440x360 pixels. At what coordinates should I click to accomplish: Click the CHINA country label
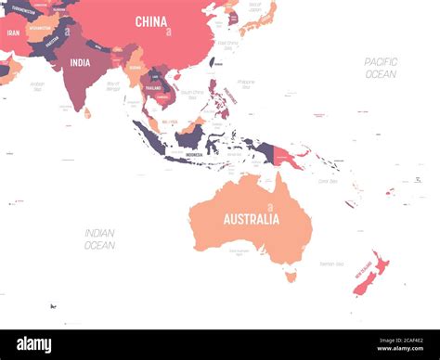(x=151, y=21)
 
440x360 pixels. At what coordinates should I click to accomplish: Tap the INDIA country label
(x=80, y=63)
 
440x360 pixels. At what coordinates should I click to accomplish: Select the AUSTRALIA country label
(x=251, y=219)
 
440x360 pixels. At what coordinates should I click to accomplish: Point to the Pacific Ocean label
(x=381, y=67)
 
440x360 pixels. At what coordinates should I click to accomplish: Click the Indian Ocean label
(x=99, y=238)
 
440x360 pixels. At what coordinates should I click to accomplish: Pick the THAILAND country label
(x=153, y=86)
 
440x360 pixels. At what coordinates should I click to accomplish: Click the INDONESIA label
(x=194, y=154)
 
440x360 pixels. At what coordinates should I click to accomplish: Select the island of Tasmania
(x=291, y=275)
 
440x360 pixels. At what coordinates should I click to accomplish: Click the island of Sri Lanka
(x=87, y=112)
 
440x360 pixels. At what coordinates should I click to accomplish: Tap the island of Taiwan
(x=213, y=61)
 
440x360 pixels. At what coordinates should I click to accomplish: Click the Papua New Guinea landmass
(x=287, y=158)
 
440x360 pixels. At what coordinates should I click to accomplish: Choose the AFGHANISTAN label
(x=40, y=28)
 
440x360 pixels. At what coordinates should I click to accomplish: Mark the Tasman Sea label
(x=331, y=264)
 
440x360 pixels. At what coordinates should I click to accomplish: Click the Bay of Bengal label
(x=113, y=86)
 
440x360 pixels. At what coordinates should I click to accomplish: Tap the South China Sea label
(x=192, y=93)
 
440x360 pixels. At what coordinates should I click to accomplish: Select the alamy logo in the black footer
(x=33, y=344)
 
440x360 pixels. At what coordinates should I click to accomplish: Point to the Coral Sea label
(x=328, y=181)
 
